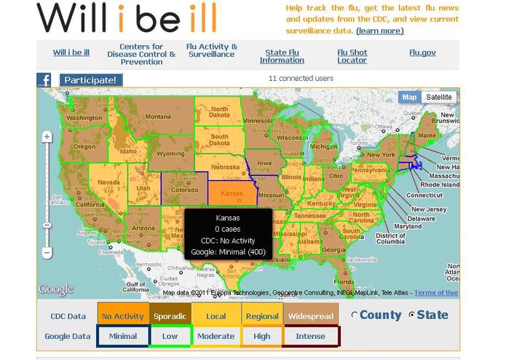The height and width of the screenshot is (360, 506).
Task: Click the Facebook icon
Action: point(44,79)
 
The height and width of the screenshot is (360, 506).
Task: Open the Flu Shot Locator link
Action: point(352,56)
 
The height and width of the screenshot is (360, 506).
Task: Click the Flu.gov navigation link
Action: point(422,52)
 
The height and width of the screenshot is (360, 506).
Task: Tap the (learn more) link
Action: point(379,31)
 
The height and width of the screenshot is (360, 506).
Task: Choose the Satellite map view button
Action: point(438,97)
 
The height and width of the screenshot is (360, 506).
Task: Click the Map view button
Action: point(409,97)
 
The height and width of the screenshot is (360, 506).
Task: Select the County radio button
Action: point(355,315)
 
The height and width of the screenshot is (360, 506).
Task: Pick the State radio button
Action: point(412,315)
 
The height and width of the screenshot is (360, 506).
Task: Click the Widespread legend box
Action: point(311,316)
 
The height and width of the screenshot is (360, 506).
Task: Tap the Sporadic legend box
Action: point(170,316)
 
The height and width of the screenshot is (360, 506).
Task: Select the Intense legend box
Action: point(311,336)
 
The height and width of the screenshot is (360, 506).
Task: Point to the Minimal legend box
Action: point(122,336)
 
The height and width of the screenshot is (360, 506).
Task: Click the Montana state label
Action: point(158,117)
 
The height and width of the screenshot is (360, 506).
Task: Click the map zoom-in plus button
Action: point(47,137)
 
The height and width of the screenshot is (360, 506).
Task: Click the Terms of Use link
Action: point(436,293)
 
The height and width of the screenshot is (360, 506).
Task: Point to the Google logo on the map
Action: point(56,289)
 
